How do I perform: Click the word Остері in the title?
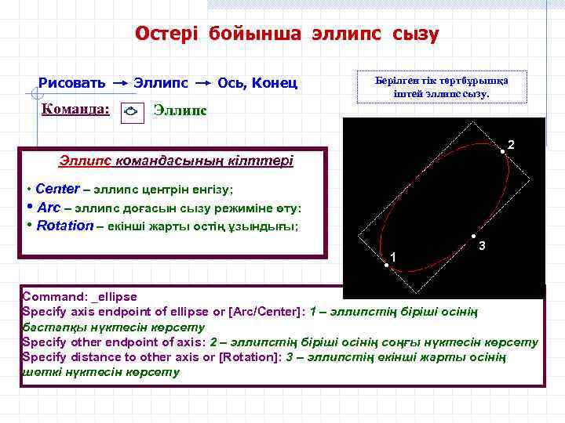coord(166,34)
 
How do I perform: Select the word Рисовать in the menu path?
coord(72,83)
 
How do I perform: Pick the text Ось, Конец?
coord(257,83)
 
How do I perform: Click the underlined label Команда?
coord(75,110)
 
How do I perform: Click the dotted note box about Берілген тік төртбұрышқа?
coord(442,87)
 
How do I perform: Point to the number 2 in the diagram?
coord(511,146)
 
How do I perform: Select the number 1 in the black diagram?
coord(393,258)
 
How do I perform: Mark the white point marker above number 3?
coord(473,237)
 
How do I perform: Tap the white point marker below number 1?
coord(386,266)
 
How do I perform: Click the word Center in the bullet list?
coord(57,189)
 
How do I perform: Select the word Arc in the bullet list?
coord(49,208)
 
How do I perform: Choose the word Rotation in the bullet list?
coord(65,226)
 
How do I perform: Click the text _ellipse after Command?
coord(114,297)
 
